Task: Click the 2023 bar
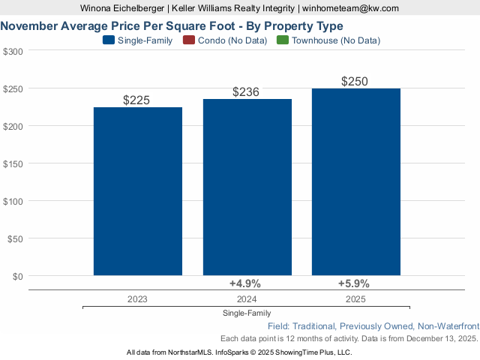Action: (138, 191)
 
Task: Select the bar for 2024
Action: (247, 187)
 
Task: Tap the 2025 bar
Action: (356, 182)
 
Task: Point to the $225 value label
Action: (138, 100)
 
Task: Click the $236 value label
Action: (247, 91)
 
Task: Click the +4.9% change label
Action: (244, 283)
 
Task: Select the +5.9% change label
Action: (354, 283)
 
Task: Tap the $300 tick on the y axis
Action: (13, 51)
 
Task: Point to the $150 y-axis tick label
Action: (13, 163)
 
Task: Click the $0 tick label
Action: (16, 276)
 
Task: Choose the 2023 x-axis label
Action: (138, 298)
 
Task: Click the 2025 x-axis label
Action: (356, 298)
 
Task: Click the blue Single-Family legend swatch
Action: (108, 40)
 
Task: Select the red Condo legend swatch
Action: (187, 40)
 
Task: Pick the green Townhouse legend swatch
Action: (282, 40)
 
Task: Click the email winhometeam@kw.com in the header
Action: (350, 8)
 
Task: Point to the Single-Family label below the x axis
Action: (247, 313)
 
